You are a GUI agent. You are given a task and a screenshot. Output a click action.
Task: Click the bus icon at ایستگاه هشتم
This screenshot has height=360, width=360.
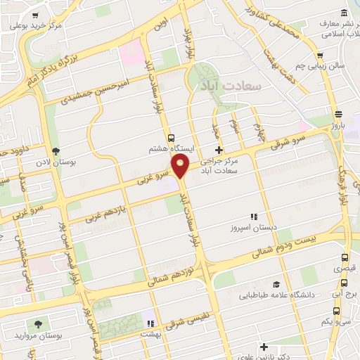click(x=171, y=138)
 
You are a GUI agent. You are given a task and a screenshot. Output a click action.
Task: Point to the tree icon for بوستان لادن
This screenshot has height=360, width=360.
click(x=56, y=151)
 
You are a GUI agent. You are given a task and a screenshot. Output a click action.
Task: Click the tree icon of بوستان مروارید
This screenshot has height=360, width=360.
click(x=38, y=324)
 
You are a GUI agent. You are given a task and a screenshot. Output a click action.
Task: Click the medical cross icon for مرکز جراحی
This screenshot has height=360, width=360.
click(x=219, y=150)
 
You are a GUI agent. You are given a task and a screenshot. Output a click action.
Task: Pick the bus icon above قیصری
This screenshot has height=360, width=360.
click(x=338, y=257)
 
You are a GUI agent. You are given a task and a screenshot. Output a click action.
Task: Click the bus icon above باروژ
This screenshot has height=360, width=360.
click(x=339, y=114)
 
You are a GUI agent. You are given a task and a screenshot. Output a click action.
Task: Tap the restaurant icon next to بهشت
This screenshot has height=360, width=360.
click(x=149, y=323)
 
